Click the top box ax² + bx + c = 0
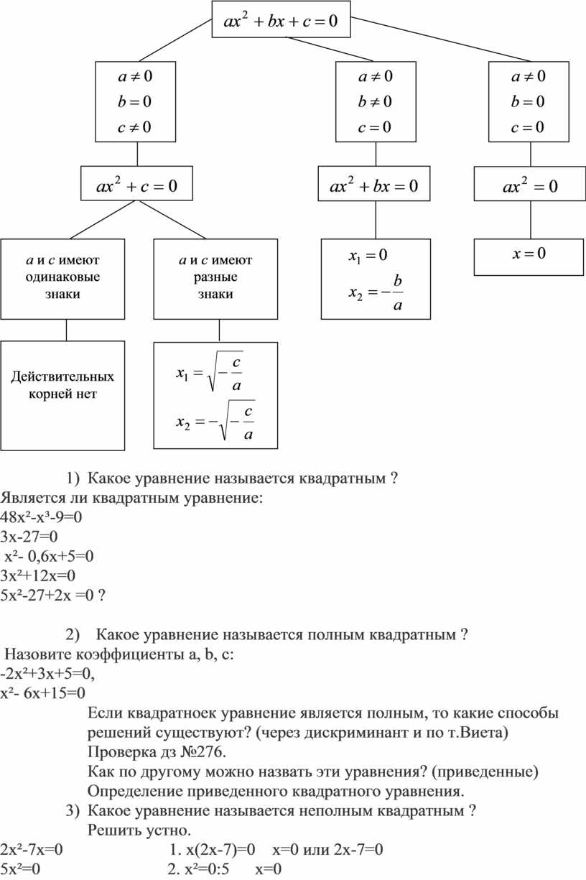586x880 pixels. click(x=281, y=21)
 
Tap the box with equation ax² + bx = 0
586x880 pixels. click(x=374, y=187)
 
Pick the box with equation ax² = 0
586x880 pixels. click(x=530, y=187)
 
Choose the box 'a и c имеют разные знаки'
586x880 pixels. click(x=215, y=277)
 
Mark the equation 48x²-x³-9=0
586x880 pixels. click(x=42, y=517)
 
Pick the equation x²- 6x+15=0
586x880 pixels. click(x=43, y=693)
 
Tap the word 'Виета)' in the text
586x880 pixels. click(x=487, y=733)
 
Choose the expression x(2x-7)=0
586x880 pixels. click(x=213, y=851)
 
